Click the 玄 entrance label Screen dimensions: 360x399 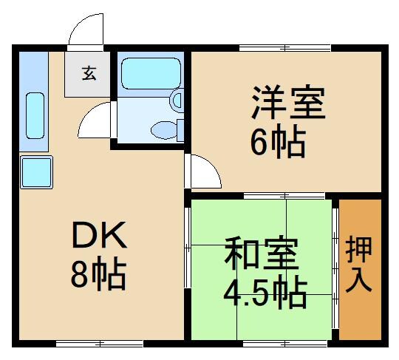pyautogui.click(x=88, y=73)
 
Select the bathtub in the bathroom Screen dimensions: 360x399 pyautogui.click(x=150, y=73)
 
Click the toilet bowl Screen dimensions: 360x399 pyautogui.click(x=166, y=131)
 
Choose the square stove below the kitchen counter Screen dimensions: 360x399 pyautogui.click(x=35, y=171)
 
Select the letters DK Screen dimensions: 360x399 pyautogui.click(x=100, y=237)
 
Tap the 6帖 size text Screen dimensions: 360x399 pyautogui.click(x=277, y=143)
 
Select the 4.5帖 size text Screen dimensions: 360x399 pyautogui.click(x=265, y=294)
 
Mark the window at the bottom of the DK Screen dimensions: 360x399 pyautogui.click(x=99, y=343)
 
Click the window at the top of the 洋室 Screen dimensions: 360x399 pyautogui.click(x=284, y=48)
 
